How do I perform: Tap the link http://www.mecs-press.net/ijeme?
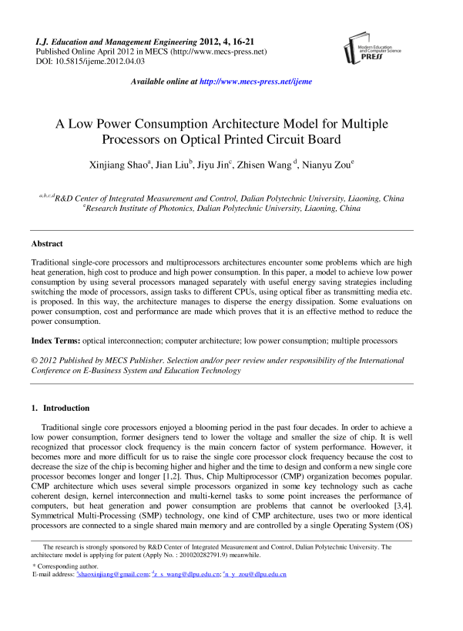click(255, 81)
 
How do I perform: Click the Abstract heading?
click(47, 243)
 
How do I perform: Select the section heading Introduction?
click(66, 408)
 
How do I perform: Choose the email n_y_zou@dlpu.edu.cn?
click(257, 596)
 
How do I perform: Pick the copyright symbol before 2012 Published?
click(35, 359)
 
